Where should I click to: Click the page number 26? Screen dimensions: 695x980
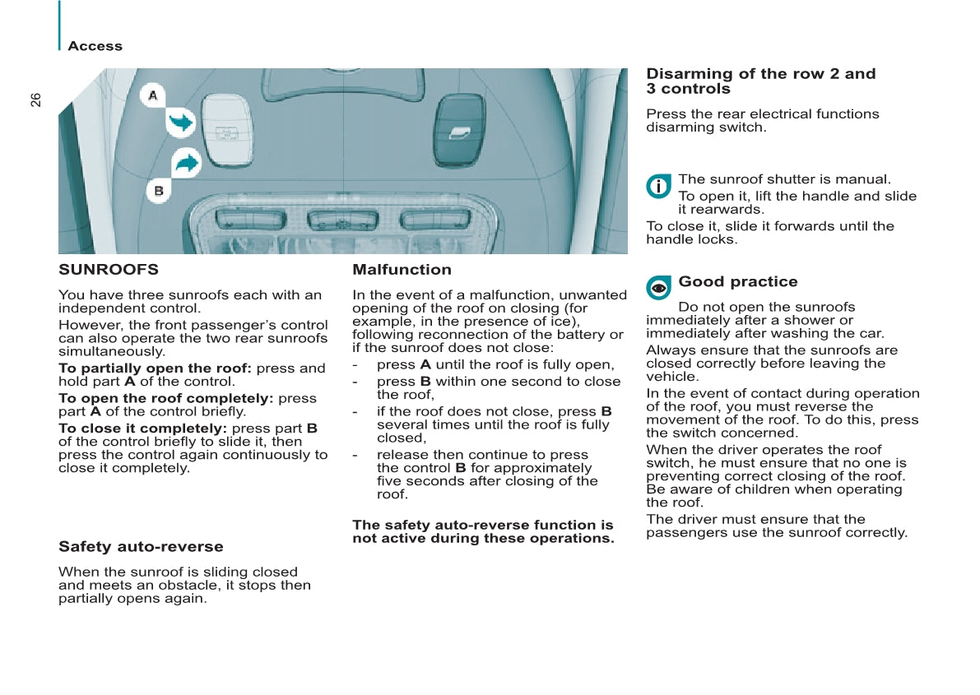click(x=35, y=100)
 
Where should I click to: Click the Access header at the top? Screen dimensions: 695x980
click(x=95, y=47)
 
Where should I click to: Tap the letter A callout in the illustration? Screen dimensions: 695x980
click(x=153, y=95)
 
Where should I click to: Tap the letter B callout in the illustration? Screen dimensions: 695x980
click(x=159, y=191)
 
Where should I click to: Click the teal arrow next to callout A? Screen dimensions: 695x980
click(x=180, y=123)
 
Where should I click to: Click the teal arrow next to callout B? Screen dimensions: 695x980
click(x=187, y=162)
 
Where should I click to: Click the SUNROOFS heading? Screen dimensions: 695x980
click(x=109, y=270)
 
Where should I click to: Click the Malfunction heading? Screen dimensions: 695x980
click(x=402, y=270)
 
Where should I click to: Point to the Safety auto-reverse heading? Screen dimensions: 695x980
click(x=141, y=547)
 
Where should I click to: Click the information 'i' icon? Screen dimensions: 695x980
click(x=658, y=186)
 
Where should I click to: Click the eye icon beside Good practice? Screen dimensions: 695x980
click(x=658, y=288)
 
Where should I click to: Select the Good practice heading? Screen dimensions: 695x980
click(x=737, y=282)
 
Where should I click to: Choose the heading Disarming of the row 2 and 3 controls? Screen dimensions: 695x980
click(x=760, y=81)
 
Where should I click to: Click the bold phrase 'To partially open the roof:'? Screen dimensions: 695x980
click(x=155, y=368)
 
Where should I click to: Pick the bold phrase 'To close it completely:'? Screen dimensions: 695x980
click(x=142, y=429)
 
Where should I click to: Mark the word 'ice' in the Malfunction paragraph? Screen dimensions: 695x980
click(x=567, y=322)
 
